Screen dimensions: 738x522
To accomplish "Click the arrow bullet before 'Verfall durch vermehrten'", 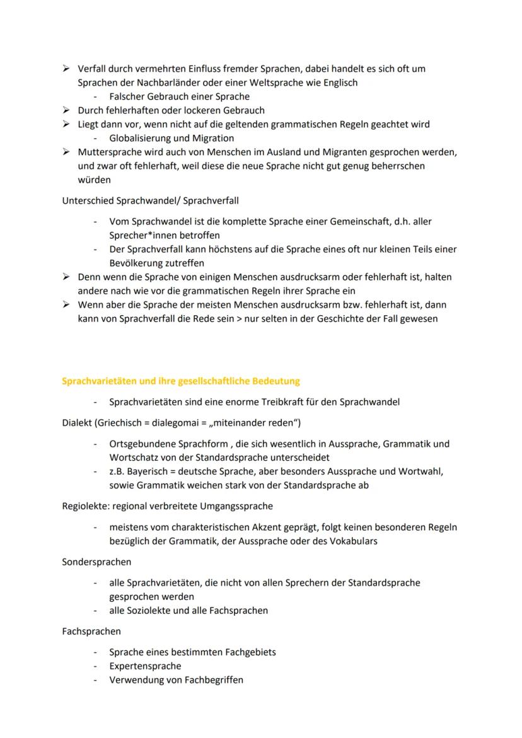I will [x=66, y=69].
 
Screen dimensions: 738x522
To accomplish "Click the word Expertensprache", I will [x=145, y=666].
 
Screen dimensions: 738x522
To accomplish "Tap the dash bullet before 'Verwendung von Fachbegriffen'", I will [x=95, y=680].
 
